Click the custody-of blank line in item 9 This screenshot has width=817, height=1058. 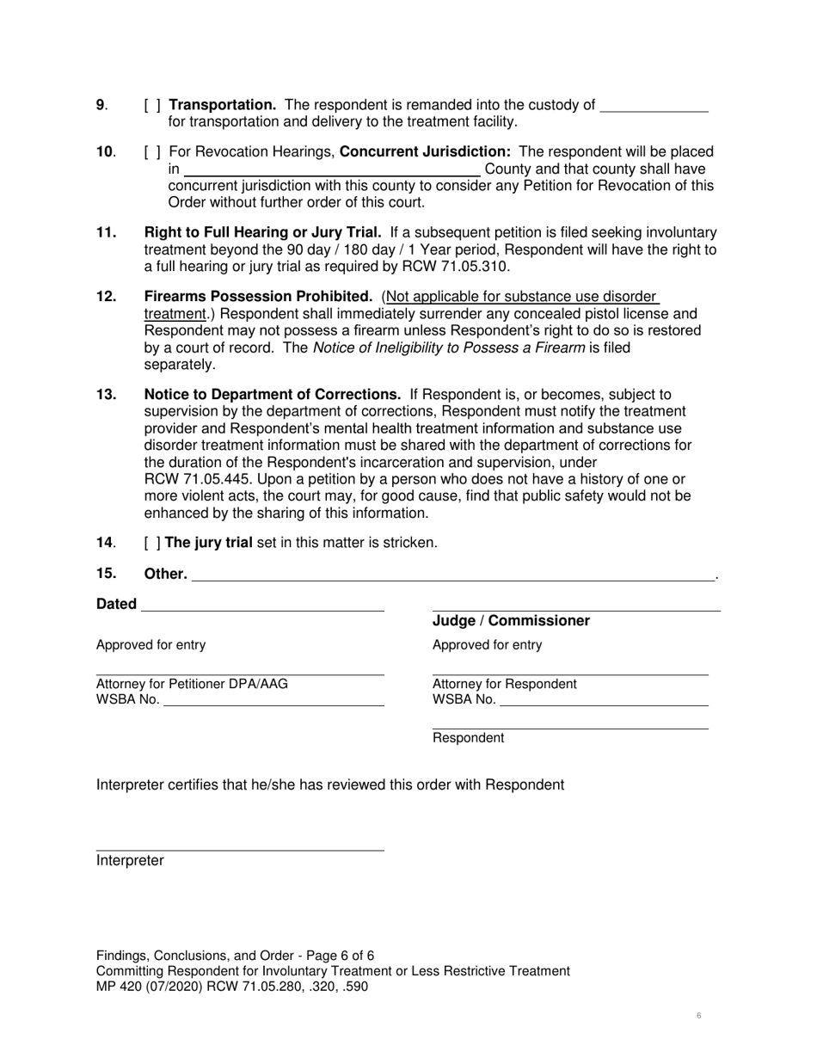(x=654, y=107)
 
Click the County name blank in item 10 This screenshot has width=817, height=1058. (x=332, y=170)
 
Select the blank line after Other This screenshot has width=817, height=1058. (x=453, y=575)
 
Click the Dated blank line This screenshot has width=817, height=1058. (x=262, y=606)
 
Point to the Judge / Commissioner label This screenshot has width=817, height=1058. (x=511, y=621)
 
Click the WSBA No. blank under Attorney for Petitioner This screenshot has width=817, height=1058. (x=273, y=701)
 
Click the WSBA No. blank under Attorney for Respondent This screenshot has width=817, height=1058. (x=604, y=701)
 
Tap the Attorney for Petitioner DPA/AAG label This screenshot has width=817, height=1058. (x=192, y=684)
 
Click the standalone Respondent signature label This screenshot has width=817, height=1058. (x=468, y=738)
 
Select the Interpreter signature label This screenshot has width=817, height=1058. (x=130, y=860)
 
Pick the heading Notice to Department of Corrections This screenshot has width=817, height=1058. (x=272, y=394)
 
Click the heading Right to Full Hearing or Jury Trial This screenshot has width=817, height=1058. (x=262, y=232)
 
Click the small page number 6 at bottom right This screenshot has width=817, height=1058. (x=698, y=1016)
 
